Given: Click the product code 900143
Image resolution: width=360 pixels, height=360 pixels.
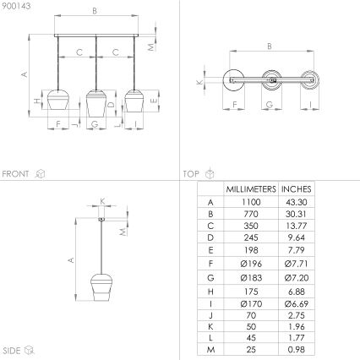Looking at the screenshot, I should click(17, 6).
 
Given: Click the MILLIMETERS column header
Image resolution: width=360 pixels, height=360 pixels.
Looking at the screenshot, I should click(250, 189).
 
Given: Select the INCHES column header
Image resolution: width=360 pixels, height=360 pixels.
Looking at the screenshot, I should click(296, 189).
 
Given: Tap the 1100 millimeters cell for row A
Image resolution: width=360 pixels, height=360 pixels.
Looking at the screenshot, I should click(250, 203).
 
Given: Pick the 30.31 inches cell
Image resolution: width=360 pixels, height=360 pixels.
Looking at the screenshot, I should click(296, 215).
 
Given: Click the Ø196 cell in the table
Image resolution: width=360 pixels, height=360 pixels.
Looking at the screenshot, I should click(250, 265).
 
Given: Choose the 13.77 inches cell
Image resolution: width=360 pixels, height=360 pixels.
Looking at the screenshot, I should click(296, 228).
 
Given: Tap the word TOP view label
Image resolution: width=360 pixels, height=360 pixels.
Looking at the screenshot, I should click(191, 174).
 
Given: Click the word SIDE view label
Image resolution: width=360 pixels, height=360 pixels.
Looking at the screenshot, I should click(12, 350).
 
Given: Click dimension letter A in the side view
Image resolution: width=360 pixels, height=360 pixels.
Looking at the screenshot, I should click(70, 260).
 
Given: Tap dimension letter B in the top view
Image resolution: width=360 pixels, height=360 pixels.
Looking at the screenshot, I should click(269, 46).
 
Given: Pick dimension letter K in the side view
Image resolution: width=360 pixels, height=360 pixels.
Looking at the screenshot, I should click(102, 200).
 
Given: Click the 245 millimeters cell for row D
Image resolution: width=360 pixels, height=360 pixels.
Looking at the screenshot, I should click(250, 240).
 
